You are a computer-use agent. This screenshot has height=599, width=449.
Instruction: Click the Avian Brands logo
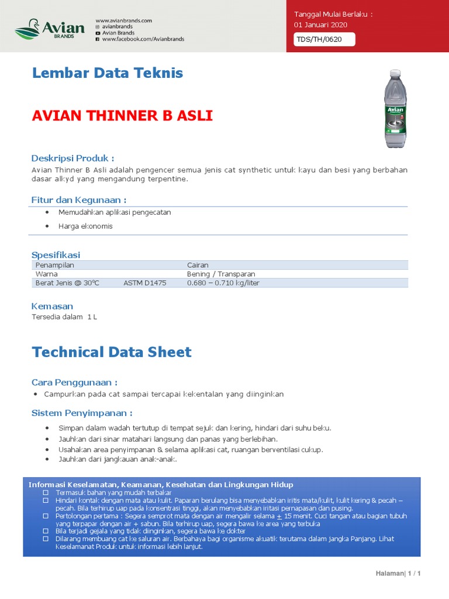(x=50, y=29)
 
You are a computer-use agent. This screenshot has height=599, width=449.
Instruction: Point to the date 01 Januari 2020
(x=320, y=25)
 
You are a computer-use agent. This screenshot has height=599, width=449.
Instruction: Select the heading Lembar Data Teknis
(x=108, y=73)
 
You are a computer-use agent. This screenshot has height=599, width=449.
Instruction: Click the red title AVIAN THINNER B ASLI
(x=122, y=116)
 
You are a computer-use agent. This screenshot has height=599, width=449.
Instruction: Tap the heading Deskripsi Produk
(x=72, y=159)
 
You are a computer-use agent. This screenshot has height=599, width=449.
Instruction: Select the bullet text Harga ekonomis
(x=85, y=226)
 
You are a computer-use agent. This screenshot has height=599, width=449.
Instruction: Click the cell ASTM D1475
(x=145, y=283)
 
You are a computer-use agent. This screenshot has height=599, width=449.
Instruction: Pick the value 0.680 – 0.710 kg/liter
(x=223, y=283)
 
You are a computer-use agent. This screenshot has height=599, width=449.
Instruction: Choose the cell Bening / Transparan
(x=221, y=274)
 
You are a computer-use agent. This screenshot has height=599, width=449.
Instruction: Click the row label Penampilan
(x=55, y=265)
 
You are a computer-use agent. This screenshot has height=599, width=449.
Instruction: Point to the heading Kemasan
(x=53, y=306)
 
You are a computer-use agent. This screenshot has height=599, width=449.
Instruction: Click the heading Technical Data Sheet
(x=112, y=352)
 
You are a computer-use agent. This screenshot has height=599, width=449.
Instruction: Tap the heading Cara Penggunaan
(x=74, y=383)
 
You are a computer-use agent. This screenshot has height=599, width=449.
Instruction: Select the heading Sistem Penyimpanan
(x=82, y=413)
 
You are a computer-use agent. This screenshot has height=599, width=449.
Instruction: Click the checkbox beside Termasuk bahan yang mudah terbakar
(x=45, y=494)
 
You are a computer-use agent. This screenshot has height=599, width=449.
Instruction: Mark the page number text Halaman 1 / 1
(x=398, y=573)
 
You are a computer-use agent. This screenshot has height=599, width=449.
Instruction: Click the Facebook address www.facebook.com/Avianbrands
(x=143, y=39)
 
